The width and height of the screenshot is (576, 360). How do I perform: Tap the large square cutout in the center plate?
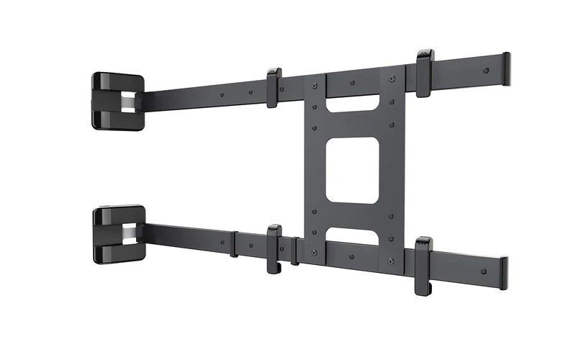tap(352, 170)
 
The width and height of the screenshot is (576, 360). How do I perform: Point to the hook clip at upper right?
tap(425, 72)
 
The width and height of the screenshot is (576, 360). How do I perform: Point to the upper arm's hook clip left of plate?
tap(274, 87)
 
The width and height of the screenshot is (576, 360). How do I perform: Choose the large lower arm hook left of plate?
tap(274, 248)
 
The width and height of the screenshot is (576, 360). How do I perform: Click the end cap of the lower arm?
tap(504, 273)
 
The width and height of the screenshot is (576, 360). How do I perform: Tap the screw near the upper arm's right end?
tap(486, 71)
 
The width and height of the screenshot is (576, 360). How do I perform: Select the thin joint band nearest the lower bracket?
tap(234, 243)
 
